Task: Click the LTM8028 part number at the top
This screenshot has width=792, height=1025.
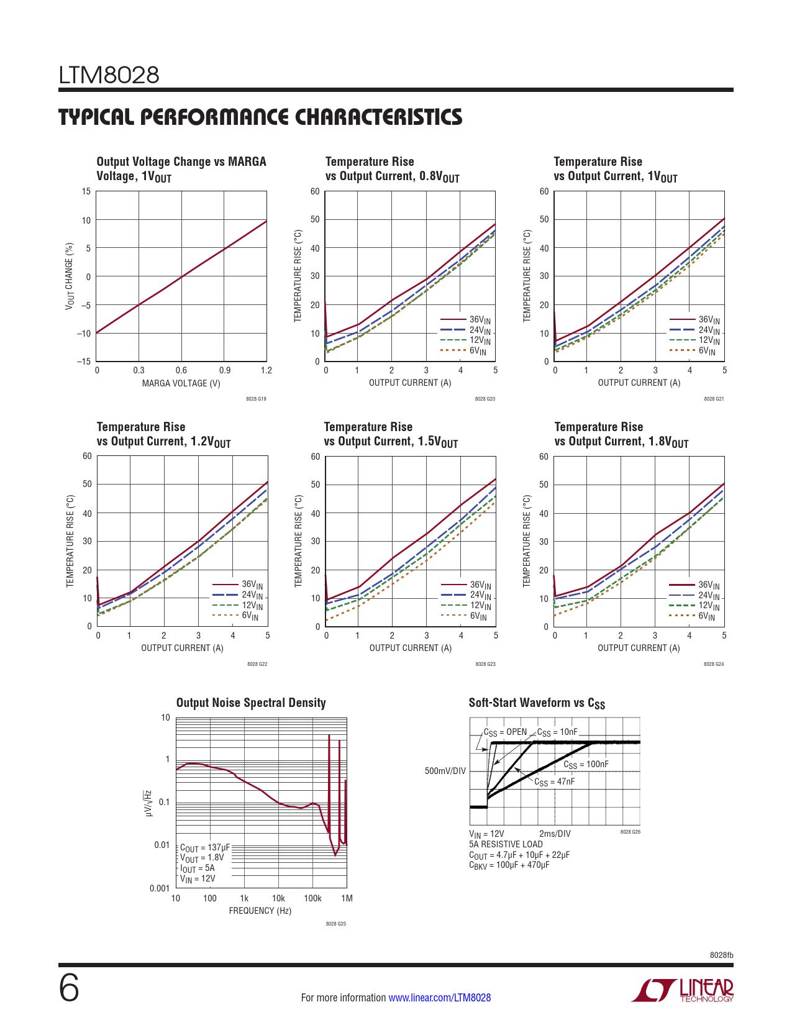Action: tap(109, 76)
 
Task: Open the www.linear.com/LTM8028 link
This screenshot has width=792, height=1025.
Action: tap(439, 998)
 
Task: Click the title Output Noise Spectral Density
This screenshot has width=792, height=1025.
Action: tap(251, 703)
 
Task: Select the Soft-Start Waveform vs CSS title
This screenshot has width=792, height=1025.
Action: tap(537, 703)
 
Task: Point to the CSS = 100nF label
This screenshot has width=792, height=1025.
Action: tap(586, 765)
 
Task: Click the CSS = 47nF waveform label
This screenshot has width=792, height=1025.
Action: tap(554, 782)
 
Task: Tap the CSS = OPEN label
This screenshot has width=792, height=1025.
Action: tap(505, 732)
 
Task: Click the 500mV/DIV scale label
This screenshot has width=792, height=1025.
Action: tap(445, 771)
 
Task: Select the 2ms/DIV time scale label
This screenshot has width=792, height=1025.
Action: tap(555, 834)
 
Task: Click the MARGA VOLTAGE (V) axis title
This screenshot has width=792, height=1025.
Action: tap(181, 383)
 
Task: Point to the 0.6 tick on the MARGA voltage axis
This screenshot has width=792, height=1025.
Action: tap(181, 370)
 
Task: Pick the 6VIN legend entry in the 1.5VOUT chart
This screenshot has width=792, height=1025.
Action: tap(478, 616)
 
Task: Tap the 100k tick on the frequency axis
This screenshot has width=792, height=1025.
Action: tap(312, 898)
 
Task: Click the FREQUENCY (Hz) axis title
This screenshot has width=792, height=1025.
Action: tap(260, 911)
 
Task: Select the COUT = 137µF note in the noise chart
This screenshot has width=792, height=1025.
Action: tap(205, 848)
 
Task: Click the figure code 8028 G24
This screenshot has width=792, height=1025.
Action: tap(713, 665)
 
